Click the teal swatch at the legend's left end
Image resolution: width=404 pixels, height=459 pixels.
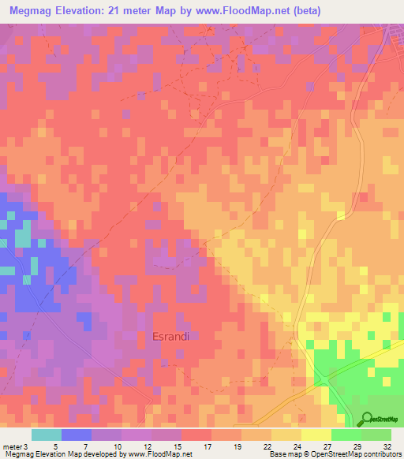point(47,435)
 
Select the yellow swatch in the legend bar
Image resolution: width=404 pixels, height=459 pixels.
point(316,435)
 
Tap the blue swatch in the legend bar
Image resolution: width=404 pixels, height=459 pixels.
point(77,435)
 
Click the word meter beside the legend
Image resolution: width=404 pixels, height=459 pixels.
point(13,447)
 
